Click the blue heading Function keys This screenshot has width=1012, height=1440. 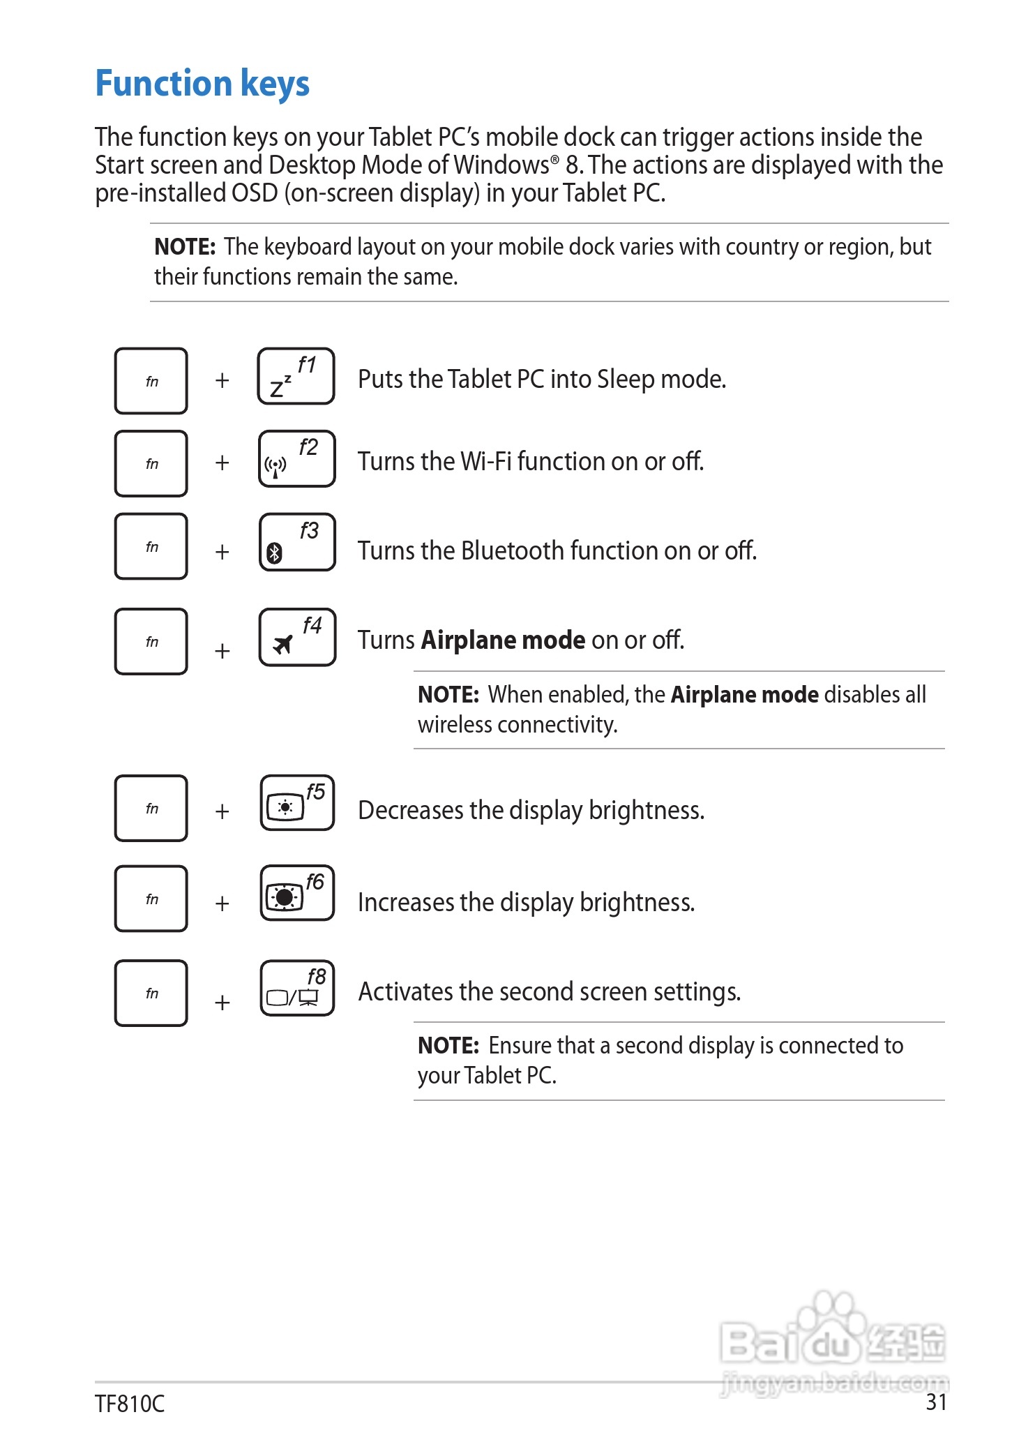(x=202, y=84)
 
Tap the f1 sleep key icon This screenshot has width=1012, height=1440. (x=296, y=376)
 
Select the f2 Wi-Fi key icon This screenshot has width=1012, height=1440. (x=296, y=458)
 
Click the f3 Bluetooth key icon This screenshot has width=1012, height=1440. (x=297, y=542)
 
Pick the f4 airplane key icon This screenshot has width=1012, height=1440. (x=297, y=637)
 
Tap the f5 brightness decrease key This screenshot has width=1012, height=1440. (x=297, y=802)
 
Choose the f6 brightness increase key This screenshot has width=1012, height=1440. (x=297, y=893)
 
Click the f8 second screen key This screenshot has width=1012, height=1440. (x=297, y=988)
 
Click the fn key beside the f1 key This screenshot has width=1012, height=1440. (x=151, y=381)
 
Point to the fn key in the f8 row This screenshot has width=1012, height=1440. (x=151, y=993)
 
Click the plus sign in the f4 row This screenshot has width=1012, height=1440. (x=222, y=651)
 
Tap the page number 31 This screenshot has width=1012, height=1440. (x=936, y=1402)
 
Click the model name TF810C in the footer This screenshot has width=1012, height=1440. (x=130, y=1404)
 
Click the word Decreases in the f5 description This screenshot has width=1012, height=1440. (x=411, y=811)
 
